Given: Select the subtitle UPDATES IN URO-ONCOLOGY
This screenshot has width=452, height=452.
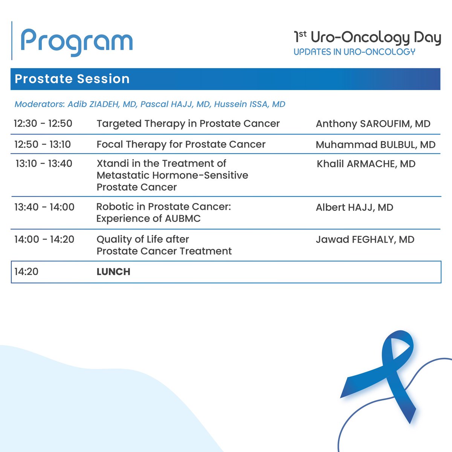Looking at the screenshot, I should [354, 52].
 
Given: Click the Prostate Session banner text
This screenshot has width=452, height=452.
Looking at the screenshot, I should [72, 79].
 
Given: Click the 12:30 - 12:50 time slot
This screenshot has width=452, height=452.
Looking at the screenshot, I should [43, 124].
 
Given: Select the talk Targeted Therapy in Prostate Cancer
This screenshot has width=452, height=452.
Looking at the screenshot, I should [188, 124].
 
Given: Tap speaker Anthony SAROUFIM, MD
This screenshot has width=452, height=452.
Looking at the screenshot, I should [373, 124].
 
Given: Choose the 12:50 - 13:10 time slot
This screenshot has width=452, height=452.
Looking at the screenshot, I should [43, 144].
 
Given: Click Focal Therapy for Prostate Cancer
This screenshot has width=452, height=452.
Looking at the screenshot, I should [181, 144].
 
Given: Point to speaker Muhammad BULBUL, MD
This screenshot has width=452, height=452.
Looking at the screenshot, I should [375, 145].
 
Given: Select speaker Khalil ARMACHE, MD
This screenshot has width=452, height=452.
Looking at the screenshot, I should [365, 164].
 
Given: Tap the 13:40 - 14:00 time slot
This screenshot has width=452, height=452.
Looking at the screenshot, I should [44, 207].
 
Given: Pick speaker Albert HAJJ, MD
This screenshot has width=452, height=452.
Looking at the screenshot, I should [354, 207].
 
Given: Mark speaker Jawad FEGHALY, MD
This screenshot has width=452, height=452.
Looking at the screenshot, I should [365, 240].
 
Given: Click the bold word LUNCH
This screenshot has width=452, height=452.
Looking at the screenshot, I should [113, 272].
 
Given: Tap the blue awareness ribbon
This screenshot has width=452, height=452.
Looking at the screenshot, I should [380, 377].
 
